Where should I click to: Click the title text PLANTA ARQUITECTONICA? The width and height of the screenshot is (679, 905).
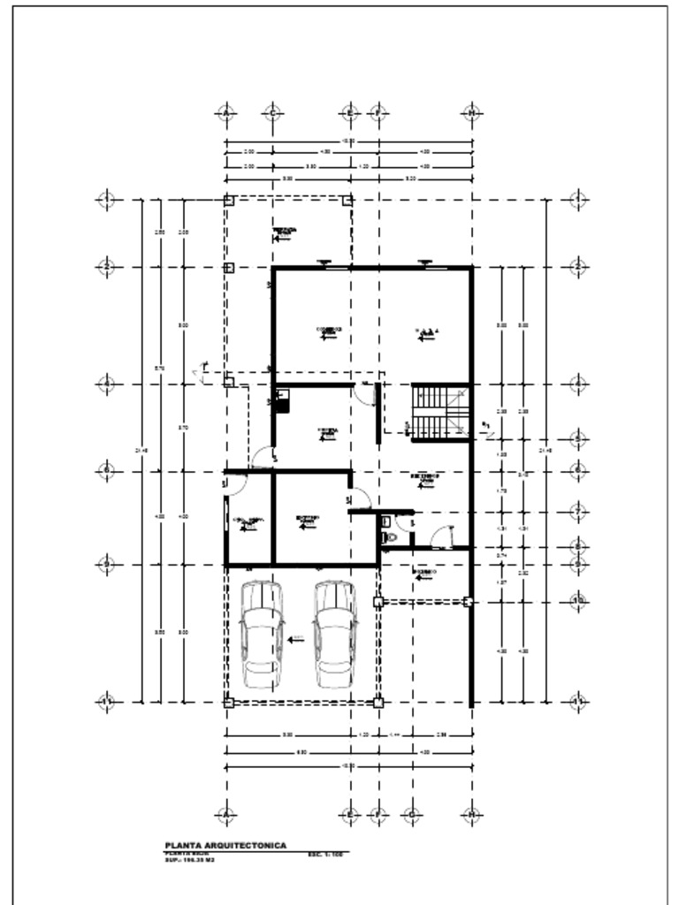(x=225, y=846)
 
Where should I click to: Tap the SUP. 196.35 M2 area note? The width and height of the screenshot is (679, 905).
(x=189, y=860)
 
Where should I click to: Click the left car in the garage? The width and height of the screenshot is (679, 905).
(x=262, y=636)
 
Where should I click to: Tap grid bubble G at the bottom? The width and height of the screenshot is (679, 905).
(x=411, y=814)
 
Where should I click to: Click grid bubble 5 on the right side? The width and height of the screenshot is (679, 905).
(x=576, y=438)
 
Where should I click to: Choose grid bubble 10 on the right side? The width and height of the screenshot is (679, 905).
(x=576, y=602)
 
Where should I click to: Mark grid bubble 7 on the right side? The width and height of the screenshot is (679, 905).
(x=576, y=513)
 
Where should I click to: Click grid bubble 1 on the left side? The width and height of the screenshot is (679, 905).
(x=106, y=200)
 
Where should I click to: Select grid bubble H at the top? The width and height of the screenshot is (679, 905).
(x=472, y=113)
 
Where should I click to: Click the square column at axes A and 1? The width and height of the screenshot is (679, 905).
(x=228, y=201)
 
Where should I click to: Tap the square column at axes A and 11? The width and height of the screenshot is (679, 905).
(x=228, y=703)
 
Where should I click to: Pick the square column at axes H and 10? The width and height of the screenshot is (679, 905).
(x=468, y=602)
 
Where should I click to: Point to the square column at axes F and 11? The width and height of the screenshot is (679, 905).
(x=378, y=703)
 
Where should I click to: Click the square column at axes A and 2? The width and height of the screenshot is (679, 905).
(x=228, y=267)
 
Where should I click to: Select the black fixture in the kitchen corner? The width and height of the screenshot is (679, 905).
(x=282, y=402)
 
